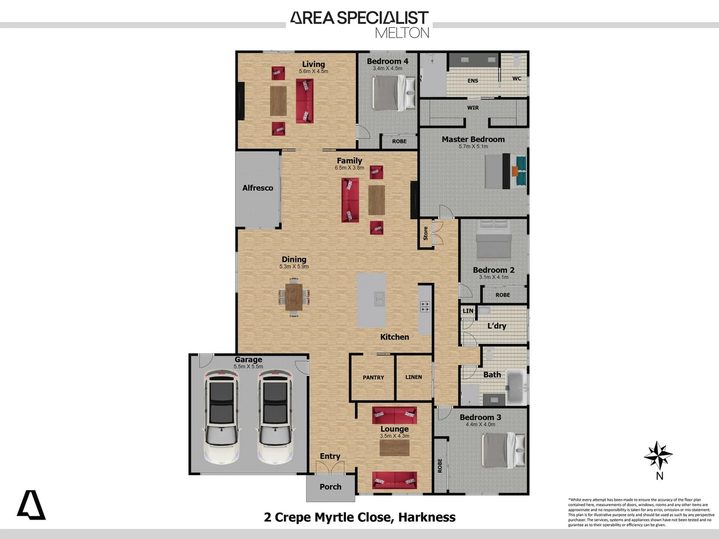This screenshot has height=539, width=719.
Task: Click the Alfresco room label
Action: coord(258,188)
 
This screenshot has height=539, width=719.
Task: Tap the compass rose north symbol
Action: coord(658,455)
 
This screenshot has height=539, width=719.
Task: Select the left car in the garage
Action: coord(221,417)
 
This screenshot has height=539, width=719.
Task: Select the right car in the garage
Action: coord(275,417)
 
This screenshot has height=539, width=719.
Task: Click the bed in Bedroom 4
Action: coord(393,93)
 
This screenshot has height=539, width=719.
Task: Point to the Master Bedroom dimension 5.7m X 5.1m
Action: coord(473,147)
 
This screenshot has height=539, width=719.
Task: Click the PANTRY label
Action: coord(373,378)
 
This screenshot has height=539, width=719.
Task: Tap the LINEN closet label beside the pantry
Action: coord(413,377)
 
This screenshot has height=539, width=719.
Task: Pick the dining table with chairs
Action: coord(294,297)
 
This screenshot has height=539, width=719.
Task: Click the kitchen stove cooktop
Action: coord(424,306)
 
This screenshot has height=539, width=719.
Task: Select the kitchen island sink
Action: coord(379,299)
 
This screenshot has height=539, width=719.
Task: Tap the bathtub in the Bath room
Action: coord(516,387)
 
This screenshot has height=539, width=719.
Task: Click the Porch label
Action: coord(331,487)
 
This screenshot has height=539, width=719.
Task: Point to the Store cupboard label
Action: coord(426,233)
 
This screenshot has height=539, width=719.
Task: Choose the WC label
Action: coord(516,79)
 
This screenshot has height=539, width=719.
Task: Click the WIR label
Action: coord(473,108)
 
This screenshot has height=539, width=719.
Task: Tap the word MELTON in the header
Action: coord(402,33)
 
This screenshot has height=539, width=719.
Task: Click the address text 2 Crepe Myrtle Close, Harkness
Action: coord(359,518)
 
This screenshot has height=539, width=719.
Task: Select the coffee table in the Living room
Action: coord(278,101)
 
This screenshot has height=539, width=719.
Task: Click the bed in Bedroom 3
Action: coord(502,450)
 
